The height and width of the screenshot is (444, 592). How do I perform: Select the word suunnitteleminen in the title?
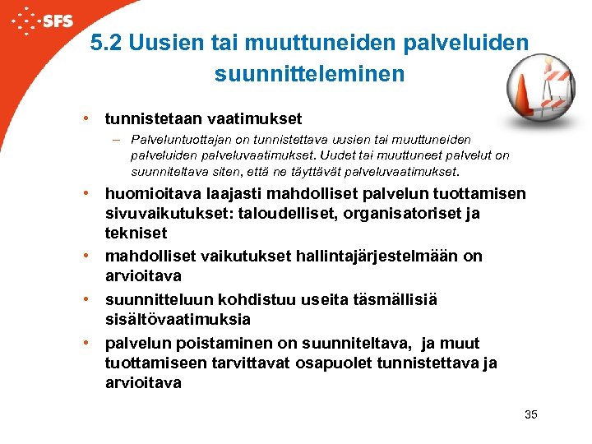click(309, 74)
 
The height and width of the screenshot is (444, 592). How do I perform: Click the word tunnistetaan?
click(155, 118)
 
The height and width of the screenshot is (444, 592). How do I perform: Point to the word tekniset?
click(136, 233)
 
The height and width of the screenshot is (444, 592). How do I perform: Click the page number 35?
click(530, 414)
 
